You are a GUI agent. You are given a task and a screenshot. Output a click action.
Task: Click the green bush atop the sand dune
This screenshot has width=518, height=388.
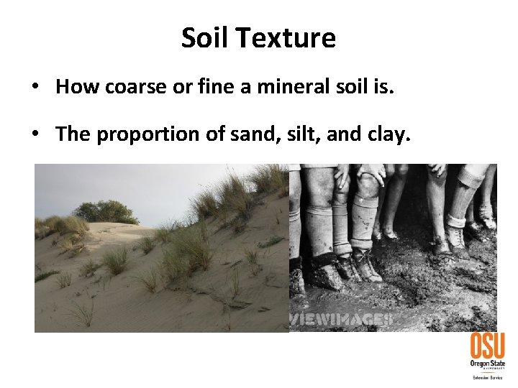(x=106, y=211)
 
